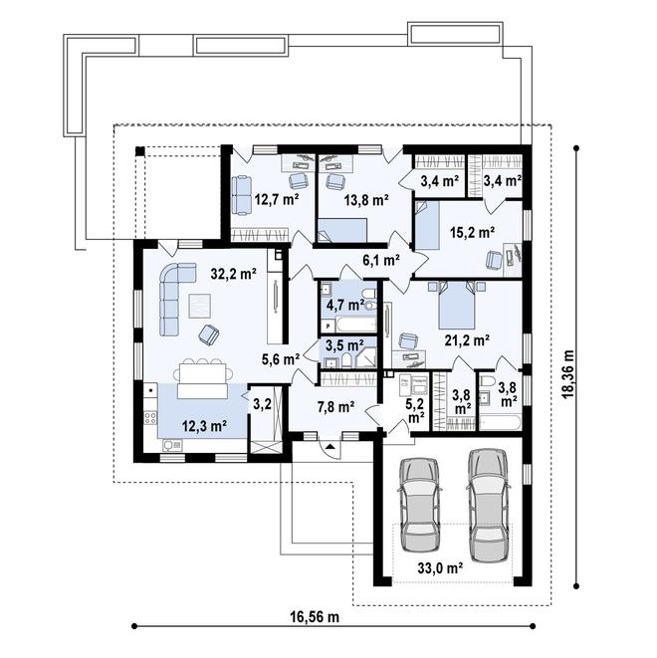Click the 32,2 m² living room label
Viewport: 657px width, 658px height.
coord(234,271)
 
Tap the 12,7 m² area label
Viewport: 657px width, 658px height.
coord(276,199)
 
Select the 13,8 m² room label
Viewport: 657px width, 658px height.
coord(364,199)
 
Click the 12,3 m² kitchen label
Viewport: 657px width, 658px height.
coord(204,425)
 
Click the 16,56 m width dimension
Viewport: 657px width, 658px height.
coord(315,617)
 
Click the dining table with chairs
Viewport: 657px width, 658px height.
coord(200,376)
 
